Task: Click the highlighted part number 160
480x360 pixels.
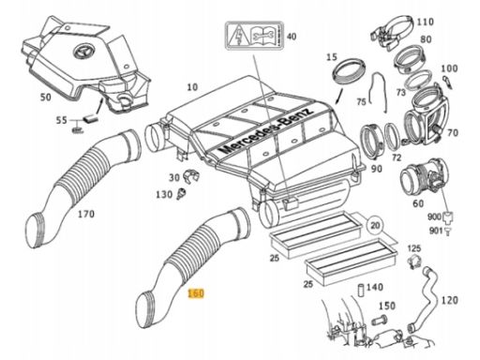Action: [196, 293]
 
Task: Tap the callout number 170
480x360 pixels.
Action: [86, 214]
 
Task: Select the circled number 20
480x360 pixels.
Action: [375, 225]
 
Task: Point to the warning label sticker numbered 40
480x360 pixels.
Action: [254, 36]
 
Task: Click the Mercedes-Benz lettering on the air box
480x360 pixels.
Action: [265, 131]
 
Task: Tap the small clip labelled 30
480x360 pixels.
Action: [190, 176]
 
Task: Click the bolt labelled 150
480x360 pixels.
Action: [380, 321]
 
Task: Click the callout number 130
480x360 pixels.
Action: [164, 195]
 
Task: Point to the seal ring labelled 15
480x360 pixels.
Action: [349, 71]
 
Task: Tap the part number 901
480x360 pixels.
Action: [436, 231]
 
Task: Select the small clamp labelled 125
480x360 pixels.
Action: [415, 262]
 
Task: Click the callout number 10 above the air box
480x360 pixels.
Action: [192, 87]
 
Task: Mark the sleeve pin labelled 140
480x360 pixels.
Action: [361, 291]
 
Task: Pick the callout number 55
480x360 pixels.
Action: [62, 120]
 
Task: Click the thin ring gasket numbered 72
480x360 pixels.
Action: [391, 135]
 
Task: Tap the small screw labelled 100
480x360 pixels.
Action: [446, 82]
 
